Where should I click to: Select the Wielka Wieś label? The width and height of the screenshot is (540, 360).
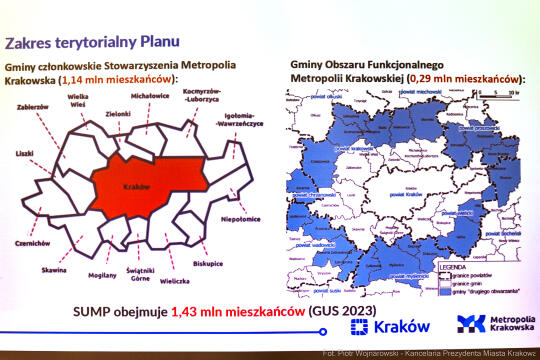(x=77, y=104)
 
